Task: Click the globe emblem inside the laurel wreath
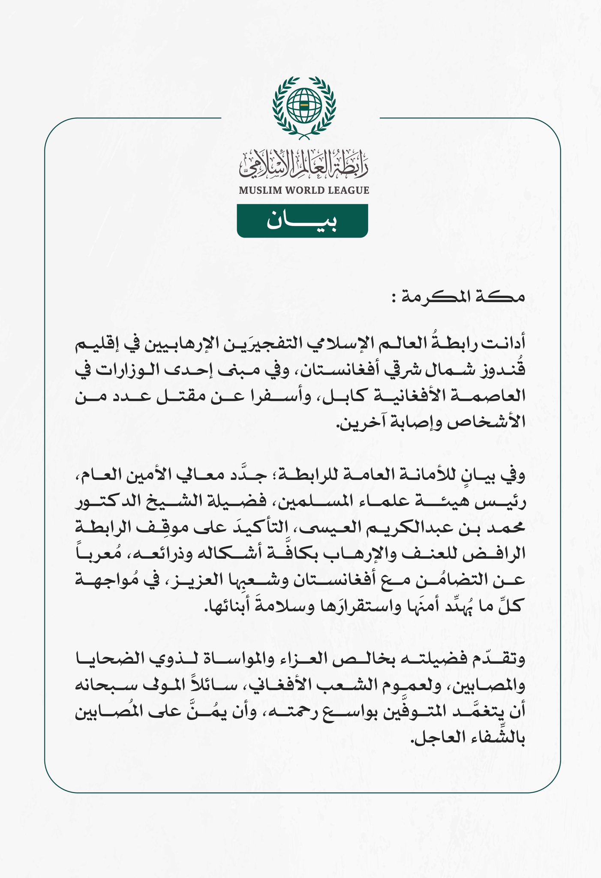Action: [x=304, y=105]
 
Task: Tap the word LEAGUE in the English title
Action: [x=348, y=190]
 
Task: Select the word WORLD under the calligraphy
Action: [x=301, y=190]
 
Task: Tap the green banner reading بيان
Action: [x=302, y=221]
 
